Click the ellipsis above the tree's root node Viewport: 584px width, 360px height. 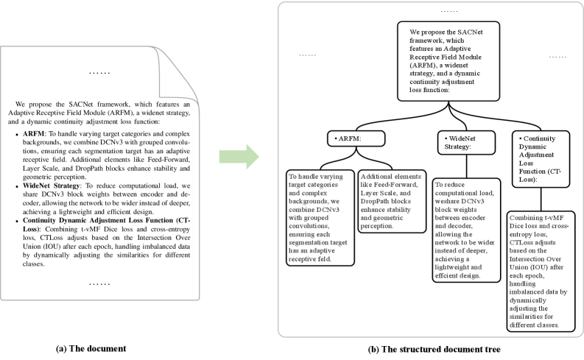click(x=426, y=12)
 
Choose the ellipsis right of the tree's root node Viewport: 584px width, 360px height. click(x=557, y=56)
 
